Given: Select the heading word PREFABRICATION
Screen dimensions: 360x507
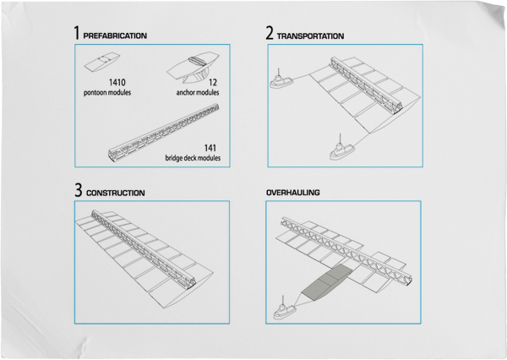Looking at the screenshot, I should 115,36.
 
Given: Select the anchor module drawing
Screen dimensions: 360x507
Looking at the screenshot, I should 194,64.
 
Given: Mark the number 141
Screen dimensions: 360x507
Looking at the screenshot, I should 210,148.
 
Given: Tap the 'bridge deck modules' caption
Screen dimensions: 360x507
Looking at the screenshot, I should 193,158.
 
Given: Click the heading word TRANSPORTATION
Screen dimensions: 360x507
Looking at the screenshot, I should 311,36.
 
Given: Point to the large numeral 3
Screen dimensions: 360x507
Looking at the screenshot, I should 77,190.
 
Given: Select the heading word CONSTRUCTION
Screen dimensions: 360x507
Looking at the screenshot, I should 116,194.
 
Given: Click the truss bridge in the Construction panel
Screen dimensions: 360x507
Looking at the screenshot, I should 144,245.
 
